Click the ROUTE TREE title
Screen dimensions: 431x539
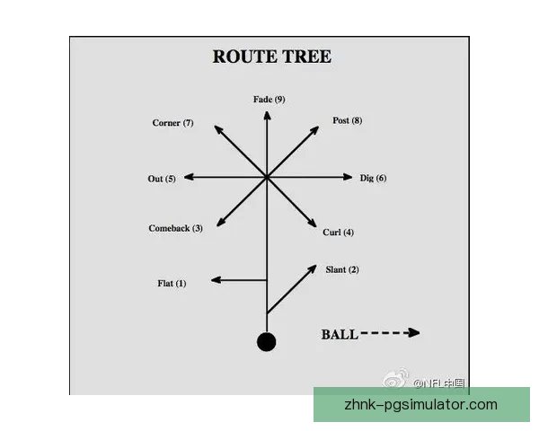click(x=271, y=57)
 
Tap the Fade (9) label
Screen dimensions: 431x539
click(x=269, y=99)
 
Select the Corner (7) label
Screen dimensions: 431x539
click(x=172, y=123)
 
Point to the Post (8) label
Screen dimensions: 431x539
click(x=347, y=120)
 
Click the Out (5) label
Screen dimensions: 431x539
click(x=162, y=179)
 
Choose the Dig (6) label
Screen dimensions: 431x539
click(x=373, y=178)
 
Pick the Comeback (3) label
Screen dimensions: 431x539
click(x=175, y=228)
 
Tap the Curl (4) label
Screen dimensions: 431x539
click(x=338, y=233)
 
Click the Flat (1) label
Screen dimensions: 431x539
click(x=172, y=284)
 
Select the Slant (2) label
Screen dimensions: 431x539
click(x=341, y=269)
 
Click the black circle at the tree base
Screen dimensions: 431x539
click(x=266, y=342)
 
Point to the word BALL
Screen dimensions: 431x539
click(x=340, y=335)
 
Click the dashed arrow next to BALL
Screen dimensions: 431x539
click(x=391, y=333)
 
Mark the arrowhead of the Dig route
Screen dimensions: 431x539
click(x=349, y=177)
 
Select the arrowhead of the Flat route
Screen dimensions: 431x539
click(x=216, y=281)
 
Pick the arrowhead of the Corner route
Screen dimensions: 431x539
click(x=216, y=128)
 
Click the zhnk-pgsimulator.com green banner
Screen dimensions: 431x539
click(x=420, y=405)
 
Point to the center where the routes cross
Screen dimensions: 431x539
click(x=266, y=178)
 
